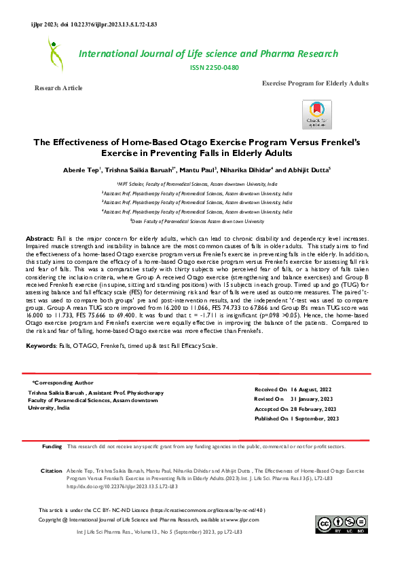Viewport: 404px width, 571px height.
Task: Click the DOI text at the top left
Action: (x=94, y=24)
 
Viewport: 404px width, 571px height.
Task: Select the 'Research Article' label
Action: (x=59, y=88)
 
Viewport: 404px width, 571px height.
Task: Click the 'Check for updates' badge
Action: (x=317, y=115)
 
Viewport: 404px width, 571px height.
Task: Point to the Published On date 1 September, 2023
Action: (x=315, y=419)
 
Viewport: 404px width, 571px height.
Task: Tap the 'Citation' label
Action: (x=52, y=470)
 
